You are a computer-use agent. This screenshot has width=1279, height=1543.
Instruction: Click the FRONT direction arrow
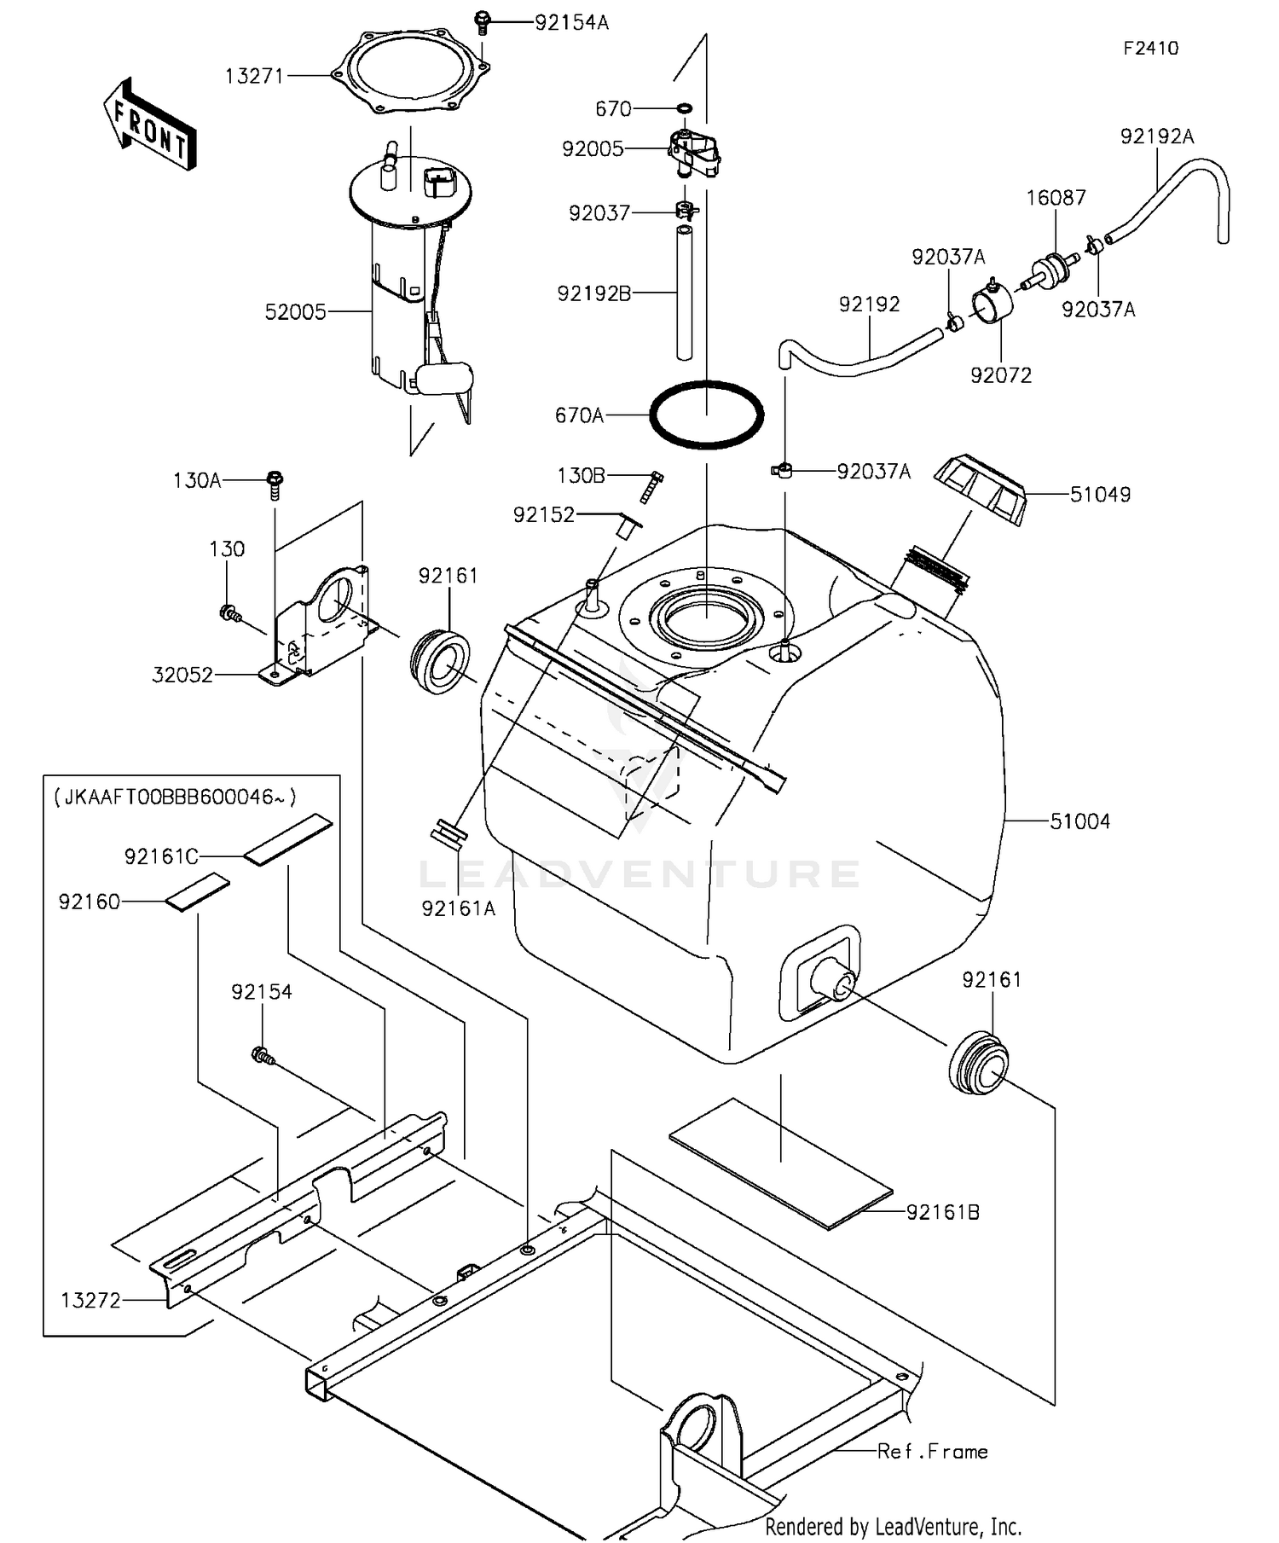[150, 125]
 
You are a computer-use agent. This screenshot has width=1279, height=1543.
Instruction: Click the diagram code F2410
[1150, 49]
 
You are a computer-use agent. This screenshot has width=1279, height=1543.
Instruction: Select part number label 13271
[254, 76]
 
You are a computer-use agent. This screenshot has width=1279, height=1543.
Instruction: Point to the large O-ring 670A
[706, 415]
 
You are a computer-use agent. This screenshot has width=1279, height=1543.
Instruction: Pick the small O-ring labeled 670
[685, 108]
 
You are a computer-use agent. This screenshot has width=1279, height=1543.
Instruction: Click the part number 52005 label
[295, 312]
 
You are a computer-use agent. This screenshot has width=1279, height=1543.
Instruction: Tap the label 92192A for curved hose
[1156, 136]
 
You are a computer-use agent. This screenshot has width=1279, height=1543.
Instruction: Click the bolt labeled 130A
[275, 484]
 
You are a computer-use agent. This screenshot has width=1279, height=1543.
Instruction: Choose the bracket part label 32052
[182, 675]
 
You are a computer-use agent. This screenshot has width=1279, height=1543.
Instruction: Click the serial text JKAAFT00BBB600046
[175, 797]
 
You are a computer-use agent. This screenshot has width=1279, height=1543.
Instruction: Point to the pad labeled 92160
[198, 892]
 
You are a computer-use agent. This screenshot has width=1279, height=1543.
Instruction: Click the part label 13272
[90, 1300]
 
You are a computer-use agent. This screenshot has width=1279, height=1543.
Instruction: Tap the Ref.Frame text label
[932, 1451]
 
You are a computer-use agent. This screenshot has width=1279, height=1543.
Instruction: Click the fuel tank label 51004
[1079, 821]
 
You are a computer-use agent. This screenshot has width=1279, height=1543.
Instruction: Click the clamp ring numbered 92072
[993, 305]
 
